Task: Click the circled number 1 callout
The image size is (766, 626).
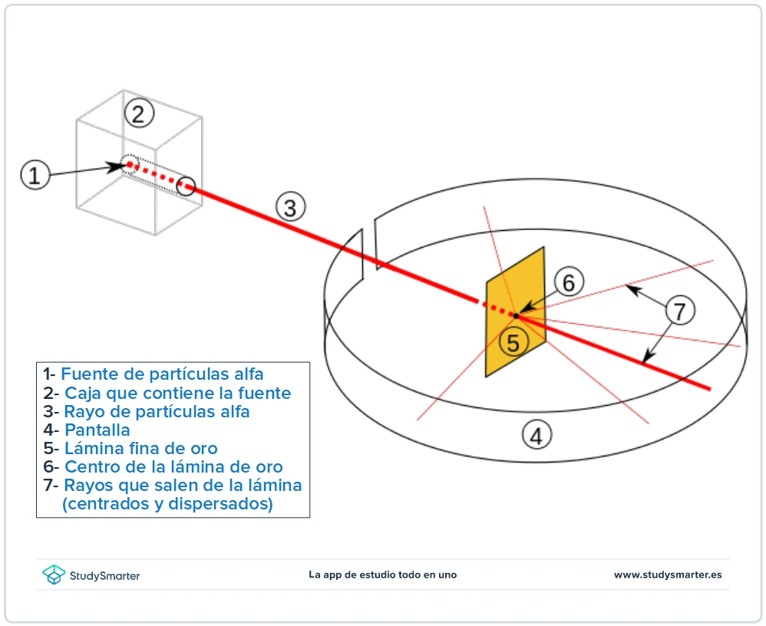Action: coord(34,175)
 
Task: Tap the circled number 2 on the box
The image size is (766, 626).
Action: coord(138,114)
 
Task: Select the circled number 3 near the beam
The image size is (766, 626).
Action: coord(290,208)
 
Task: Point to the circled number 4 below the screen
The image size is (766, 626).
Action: coord(536,436)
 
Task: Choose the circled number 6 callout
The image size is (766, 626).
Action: coord(569,282)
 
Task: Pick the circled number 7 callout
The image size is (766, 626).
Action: coord(679,311)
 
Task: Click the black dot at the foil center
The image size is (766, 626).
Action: coord(517,315)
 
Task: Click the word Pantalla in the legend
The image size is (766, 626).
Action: coord(97,430)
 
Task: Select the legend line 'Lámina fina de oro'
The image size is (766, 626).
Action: coord(140,448)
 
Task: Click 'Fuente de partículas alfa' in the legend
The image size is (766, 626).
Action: coord(162,374)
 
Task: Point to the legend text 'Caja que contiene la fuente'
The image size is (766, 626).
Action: coord(177,393)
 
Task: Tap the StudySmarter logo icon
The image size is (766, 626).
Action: coord(53,575)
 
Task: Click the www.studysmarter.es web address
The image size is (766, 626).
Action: coord(667,575)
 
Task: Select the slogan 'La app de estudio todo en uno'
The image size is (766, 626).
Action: coord(382,575)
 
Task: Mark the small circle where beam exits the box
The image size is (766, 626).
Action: coord(187,185)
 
